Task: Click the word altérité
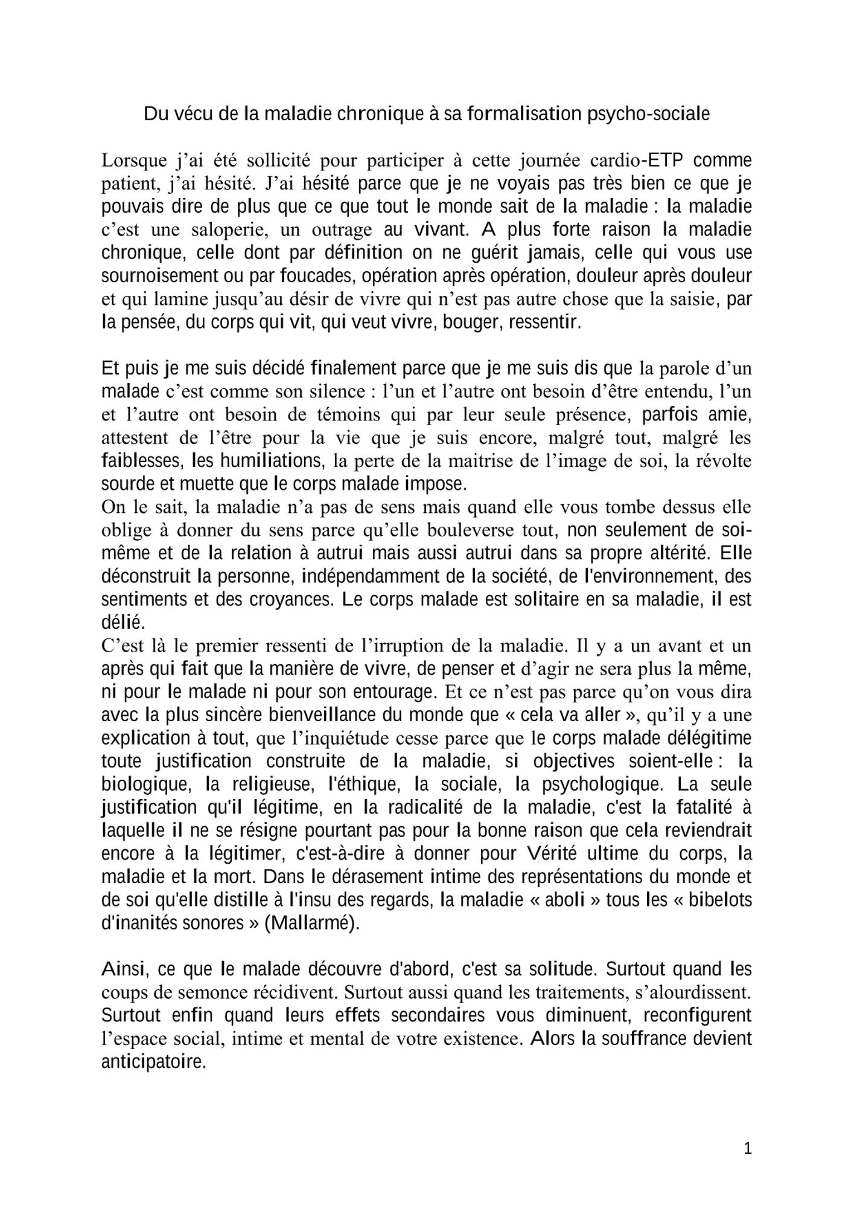click(x=674, y=553)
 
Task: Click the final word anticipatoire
click(x=154, y=1061)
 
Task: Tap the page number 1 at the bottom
click(x=748, y=1149)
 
